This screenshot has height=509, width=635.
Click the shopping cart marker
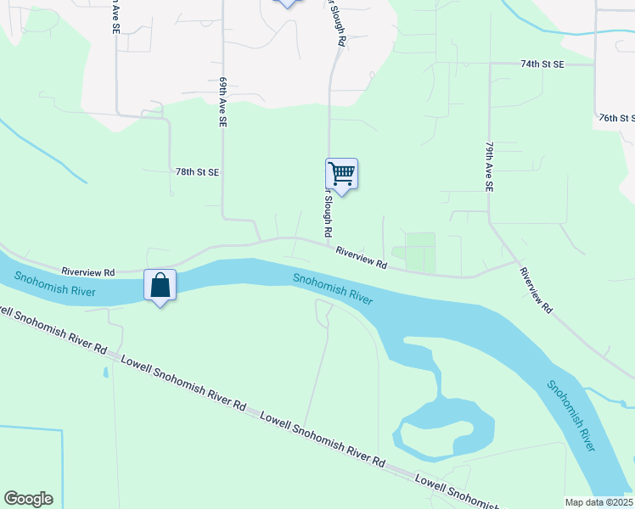(x=341, y=175)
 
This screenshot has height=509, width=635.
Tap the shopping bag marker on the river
(x=160, y=286)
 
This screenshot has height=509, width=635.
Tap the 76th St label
(x=616, y=118)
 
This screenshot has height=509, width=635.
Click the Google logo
(x=28, y=499)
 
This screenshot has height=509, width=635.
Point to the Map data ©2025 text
(x=598, y=502)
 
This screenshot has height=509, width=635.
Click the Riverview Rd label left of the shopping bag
(x=87, y=272)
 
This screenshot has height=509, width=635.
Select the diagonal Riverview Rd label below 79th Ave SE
(x=536, y=291)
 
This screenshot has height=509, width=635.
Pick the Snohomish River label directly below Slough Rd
(x=333, y=288)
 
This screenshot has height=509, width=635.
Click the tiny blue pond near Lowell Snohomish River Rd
(x=105, y=372)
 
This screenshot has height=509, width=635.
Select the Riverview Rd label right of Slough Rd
(x=361, y=258)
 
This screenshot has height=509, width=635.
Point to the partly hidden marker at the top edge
(x=287, y=3)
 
